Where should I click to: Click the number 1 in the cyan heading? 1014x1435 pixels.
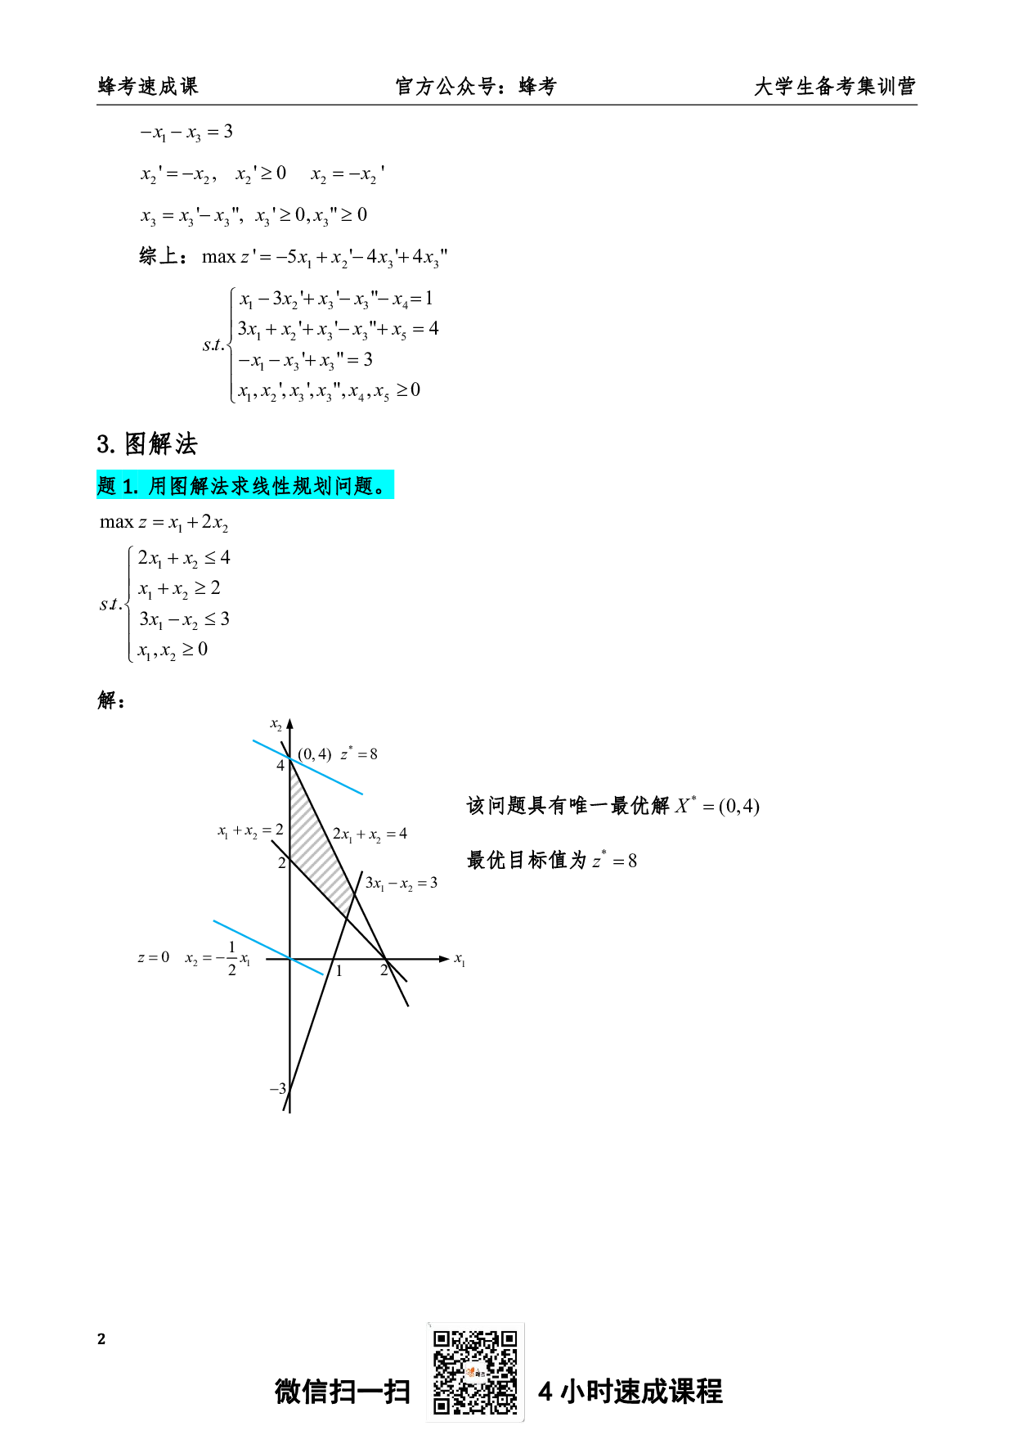128,487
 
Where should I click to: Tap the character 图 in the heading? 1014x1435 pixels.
180,486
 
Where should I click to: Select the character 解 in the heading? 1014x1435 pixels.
200,486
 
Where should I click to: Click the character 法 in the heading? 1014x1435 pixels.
221,486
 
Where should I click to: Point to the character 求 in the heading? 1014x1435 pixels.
241,486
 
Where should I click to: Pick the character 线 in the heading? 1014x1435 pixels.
262,486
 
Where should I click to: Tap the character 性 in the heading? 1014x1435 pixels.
282,486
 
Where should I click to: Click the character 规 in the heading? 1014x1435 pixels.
303,486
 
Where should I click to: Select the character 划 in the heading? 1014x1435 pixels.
323,486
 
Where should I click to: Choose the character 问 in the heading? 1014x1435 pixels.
343,486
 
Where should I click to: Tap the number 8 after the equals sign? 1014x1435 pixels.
374,754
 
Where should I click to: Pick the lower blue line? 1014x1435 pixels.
267,947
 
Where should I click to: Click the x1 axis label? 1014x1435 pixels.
460,959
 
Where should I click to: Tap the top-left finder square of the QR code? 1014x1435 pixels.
442,1339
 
